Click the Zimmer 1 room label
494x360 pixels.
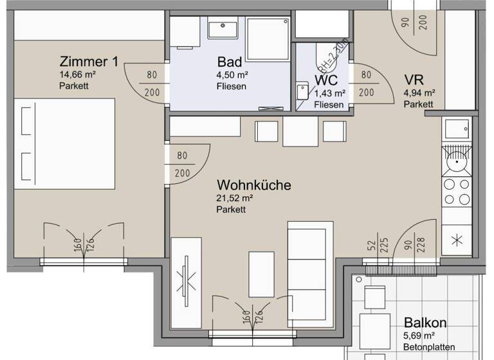(89, 62)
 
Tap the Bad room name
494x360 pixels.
(230, 62)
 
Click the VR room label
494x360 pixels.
(413, 80)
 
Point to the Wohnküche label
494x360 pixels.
(253, 185)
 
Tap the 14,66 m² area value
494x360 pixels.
(77, 75)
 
